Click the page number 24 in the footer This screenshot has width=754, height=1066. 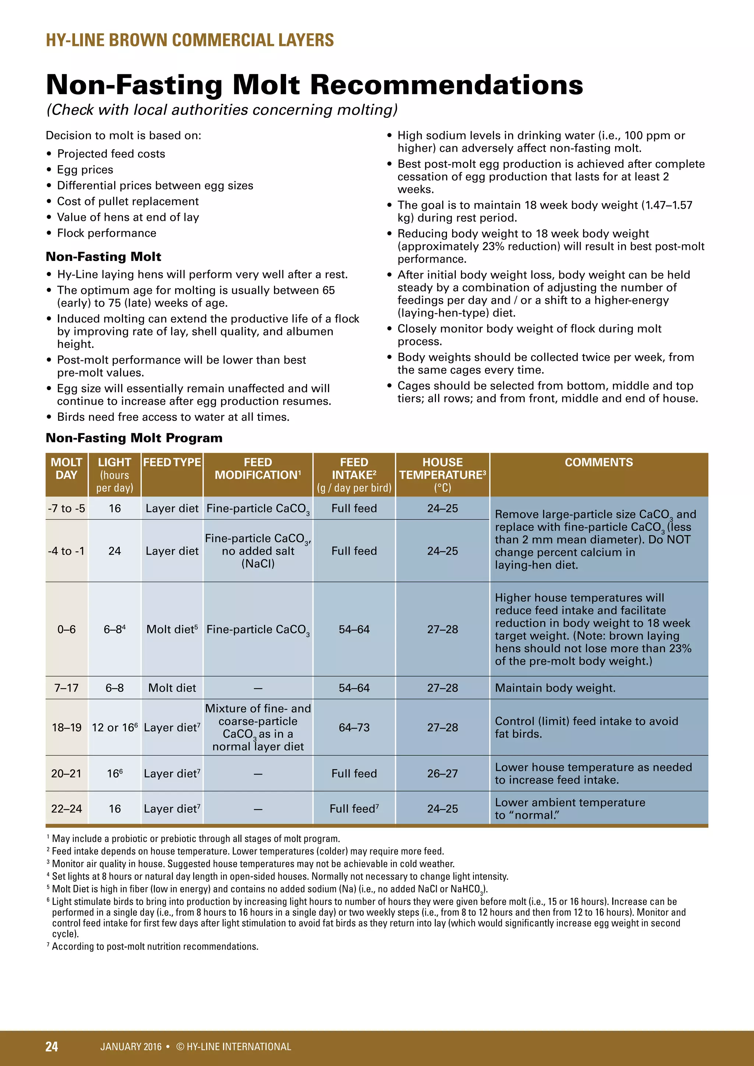tap(52, 1046)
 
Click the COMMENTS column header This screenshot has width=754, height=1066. tap(599, 462)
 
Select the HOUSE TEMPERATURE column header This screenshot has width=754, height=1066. tap(443, 469)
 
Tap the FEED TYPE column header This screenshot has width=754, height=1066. tap(172, 462)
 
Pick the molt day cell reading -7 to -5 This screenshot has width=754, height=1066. tap(66, 508)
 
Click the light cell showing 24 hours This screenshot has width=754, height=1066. tap(114, 551)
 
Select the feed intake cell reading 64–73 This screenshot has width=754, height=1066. tap(354, 727)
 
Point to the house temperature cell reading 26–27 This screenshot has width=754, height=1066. tap(443, 773)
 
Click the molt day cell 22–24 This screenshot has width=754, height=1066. tap(66, 809)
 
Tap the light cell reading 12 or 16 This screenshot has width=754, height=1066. tap(114, 727)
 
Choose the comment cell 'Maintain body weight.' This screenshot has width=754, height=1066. tap(555, 688)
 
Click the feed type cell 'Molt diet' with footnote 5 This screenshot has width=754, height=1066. tap(172, 629)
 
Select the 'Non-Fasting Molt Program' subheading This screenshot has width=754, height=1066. tap(134, 438)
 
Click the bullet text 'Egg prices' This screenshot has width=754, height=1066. tap(85, 169)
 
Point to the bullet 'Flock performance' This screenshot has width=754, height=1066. tap(107, 233)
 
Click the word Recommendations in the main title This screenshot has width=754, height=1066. tap(446, 85)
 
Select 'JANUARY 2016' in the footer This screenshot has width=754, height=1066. tap(131, 1046)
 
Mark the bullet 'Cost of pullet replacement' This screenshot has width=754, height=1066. tap(128, 201)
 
